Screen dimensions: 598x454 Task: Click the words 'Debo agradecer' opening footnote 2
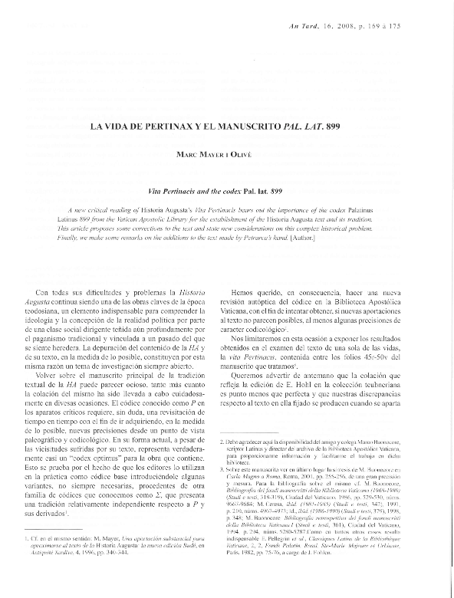point(247,443)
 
